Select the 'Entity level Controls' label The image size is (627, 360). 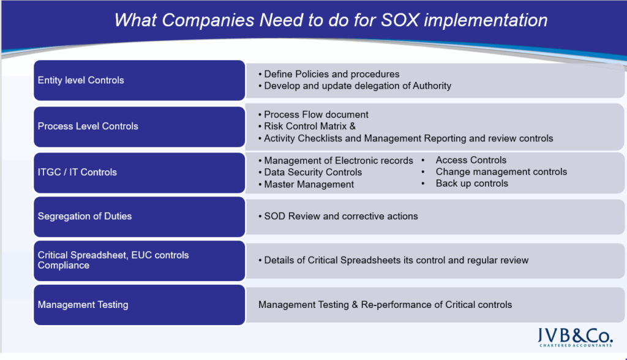click(x=81, y=80)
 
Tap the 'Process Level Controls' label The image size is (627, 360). click(x=88, y=126)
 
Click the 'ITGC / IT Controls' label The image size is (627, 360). click(x=77, y=172)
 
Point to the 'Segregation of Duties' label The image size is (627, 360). click(x=84, y=216)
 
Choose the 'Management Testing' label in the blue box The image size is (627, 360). click(x=83, y=305)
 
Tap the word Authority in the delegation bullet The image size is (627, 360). click(x=432, y=86)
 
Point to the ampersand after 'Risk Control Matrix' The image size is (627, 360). click(x=353, y=126)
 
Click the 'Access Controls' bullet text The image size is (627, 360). click(x=471, y=160)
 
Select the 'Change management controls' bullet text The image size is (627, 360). click(x=501, y=171)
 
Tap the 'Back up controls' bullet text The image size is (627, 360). click(x=472, y=183)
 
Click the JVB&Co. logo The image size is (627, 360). click(x=575, y=337)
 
